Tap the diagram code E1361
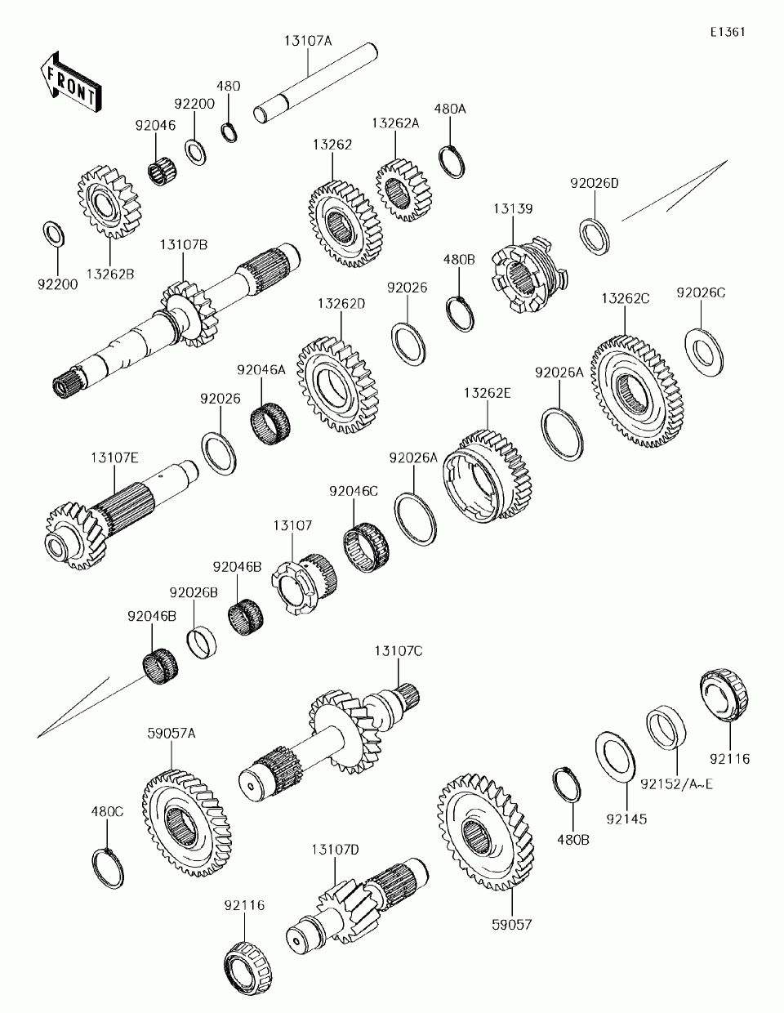pyautogui.click(x=727, y=32)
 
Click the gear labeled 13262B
pyautogui.click(x=109, y=203)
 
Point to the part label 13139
pyautogui.click(x=512, y=209)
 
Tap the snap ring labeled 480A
pyautogui.click(x=453, y=160)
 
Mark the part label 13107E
pyautogui.click(x=114, y=458)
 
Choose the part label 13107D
pyautogui.click(x=334, y=850)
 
